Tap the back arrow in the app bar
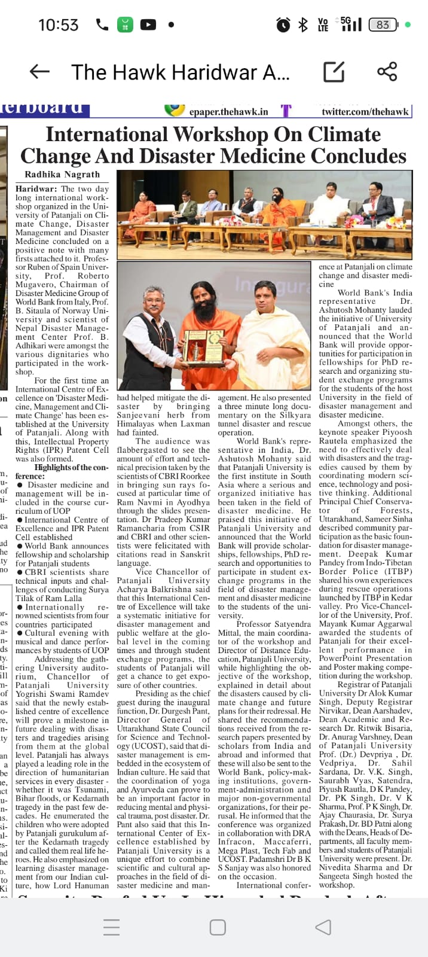(x=39, y=72)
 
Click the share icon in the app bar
(x=387, y=72)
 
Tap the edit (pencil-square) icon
(x=334, y=72)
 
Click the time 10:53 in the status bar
(x=58, y=25)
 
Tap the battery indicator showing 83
(x=383, y=25)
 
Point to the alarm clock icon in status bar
(x=283, y=25)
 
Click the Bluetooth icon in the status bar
(x=303, y=25)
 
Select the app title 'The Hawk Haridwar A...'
(x=180, y=72)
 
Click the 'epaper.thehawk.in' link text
(x=228, y=111)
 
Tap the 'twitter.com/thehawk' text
(x=365, y=111)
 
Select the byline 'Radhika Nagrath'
(x=62, y=175)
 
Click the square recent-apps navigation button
(x=218, y=927)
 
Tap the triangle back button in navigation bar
(x=323, y=927)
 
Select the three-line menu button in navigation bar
(x=112, y=927)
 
